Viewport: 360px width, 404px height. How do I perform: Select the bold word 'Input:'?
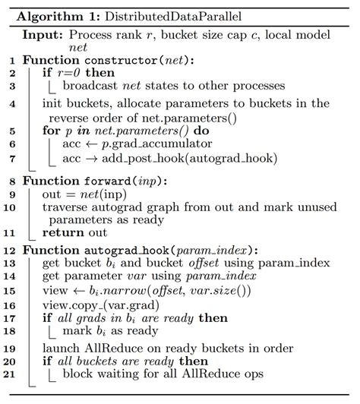(44, 35)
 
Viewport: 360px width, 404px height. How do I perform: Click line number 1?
(11, 60)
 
